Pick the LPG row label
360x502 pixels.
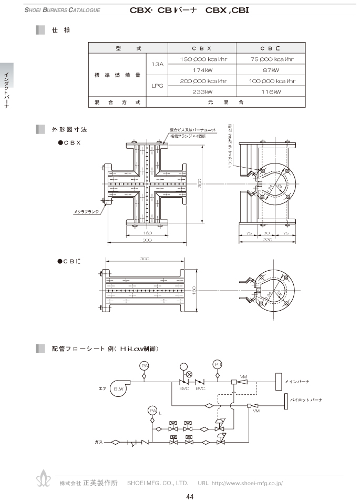158,86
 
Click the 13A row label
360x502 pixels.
158,65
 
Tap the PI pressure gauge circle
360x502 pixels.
218,364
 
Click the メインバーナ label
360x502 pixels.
297,381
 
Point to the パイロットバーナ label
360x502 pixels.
306,400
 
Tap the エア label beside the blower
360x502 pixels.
102,388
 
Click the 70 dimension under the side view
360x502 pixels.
268,232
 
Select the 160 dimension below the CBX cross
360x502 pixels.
147,232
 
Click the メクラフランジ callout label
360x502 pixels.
87,212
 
